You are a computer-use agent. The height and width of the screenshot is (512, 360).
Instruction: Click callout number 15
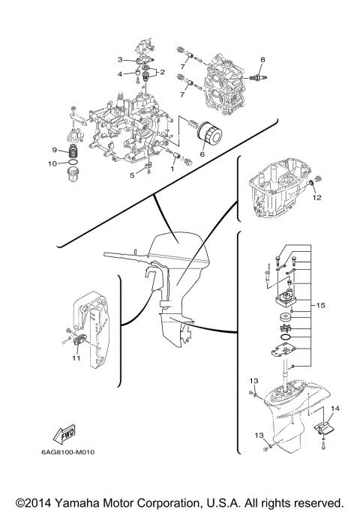(320, 305)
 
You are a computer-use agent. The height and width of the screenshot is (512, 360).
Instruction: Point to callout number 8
(262, 58)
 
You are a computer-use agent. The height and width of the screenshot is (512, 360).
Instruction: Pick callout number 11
(76, 358)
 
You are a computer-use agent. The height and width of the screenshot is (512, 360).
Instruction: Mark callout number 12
(316, 198)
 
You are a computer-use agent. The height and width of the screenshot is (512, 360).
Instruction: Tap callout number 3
(119, 59)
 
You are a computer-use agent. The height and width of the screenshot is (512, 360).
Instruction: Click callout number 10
(52, 163)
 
